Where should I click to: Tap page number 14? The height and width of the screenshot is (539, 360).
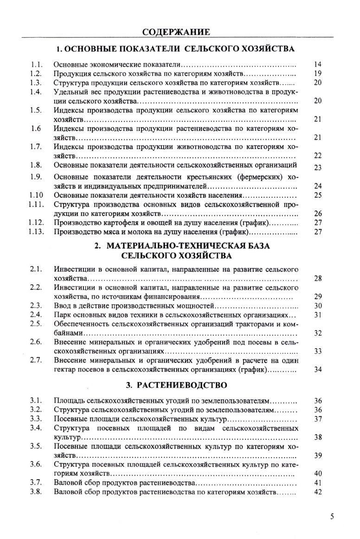point(318,65)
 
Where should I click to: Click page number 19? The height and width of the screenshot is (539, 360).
point(318,73)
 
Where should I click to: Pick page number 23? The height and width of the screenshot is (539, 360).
point(318,168)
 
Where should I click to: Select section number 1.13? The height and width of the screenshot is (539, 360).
point(36,232)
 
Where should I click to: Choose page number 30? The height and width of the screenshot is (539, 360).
point(318,306)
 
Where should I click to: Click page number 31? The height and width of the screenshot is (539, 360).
point(318,315)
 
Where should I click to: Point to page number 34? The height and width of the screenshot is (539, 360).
point(318,370)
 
